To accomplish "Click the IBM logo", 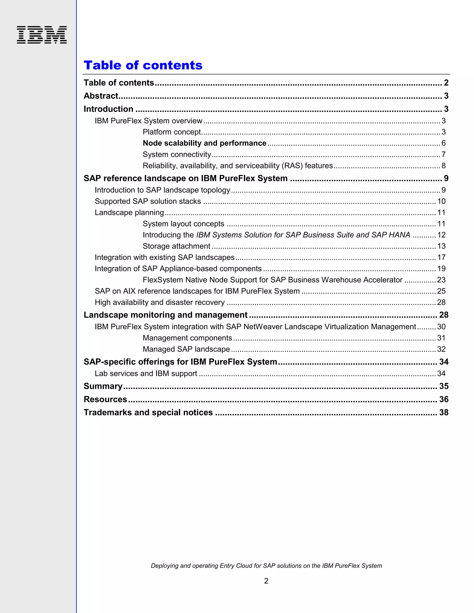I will coord(42,35).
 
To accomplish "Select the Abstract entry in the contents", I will coord(101,96).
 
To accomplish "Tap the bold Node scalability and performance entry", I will coord(204,143).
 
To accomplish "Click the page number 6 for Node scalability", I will coord(443,143).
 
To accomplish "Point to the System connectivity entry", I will coord(177,154).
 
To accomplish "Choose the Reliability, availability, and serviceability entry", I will coord(237,166).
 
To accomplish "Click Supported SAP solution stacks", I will coord(148,201).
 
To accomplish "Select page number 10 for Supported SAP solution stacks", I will coord(441,201).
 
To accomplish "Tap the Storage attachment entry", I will coord(176,246).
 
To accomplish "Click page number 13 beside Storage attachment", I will coord(441,246).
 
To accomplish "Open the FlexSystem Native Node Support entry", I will coord(272,280).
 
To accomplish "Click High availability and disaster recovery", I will coord(159,302).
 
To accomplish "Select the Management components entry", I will coord(187,338).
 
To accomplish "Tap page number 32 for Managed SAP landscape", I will coord(441,349).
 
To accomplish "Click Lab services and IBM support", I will coord(146,374).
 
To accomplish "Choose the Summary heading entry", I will coord(103,386).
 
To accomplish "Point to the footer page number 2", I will coord(266,581).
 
